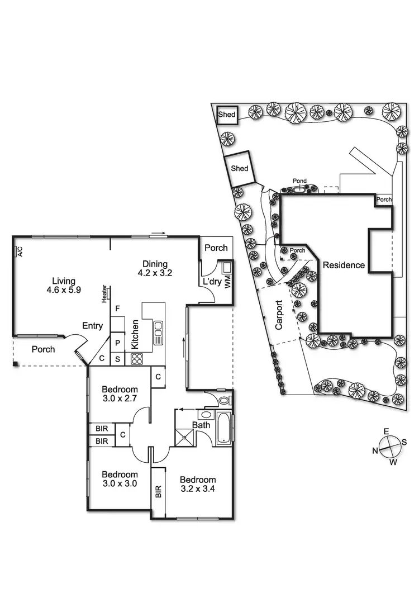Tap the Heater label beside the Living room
[104, 295]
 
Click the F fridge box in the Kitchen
[117, 309]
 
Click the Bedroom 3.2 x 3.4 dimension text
[197, 485]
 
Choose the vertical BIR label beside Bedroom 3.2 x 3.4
[158, 491]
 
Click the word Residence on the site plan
[344, 265]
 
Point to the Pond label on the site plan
[300, 181]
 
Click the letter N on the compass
[376, 450]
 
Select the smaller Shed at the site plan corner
[227, 115]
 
